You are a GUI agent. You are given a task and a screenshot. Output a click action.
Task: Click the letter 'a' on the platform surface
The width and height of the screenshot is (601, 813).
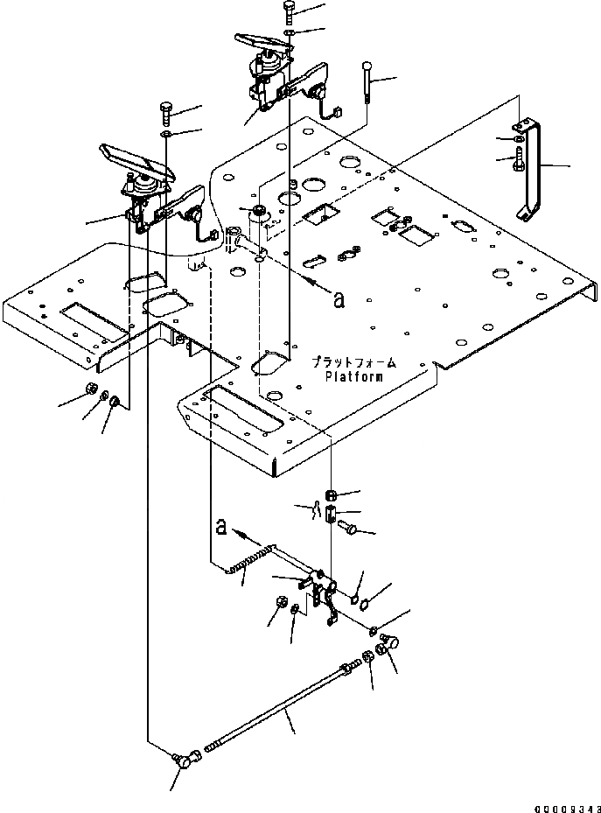coord(339,300)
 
